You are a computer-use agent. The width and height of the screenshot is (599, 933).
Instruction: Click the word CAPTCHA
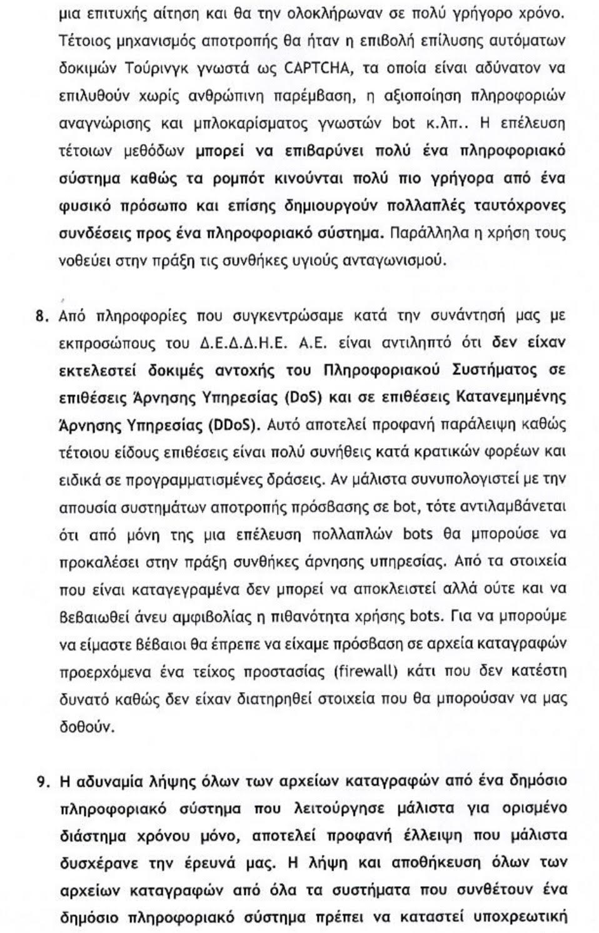click(315, 68)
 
